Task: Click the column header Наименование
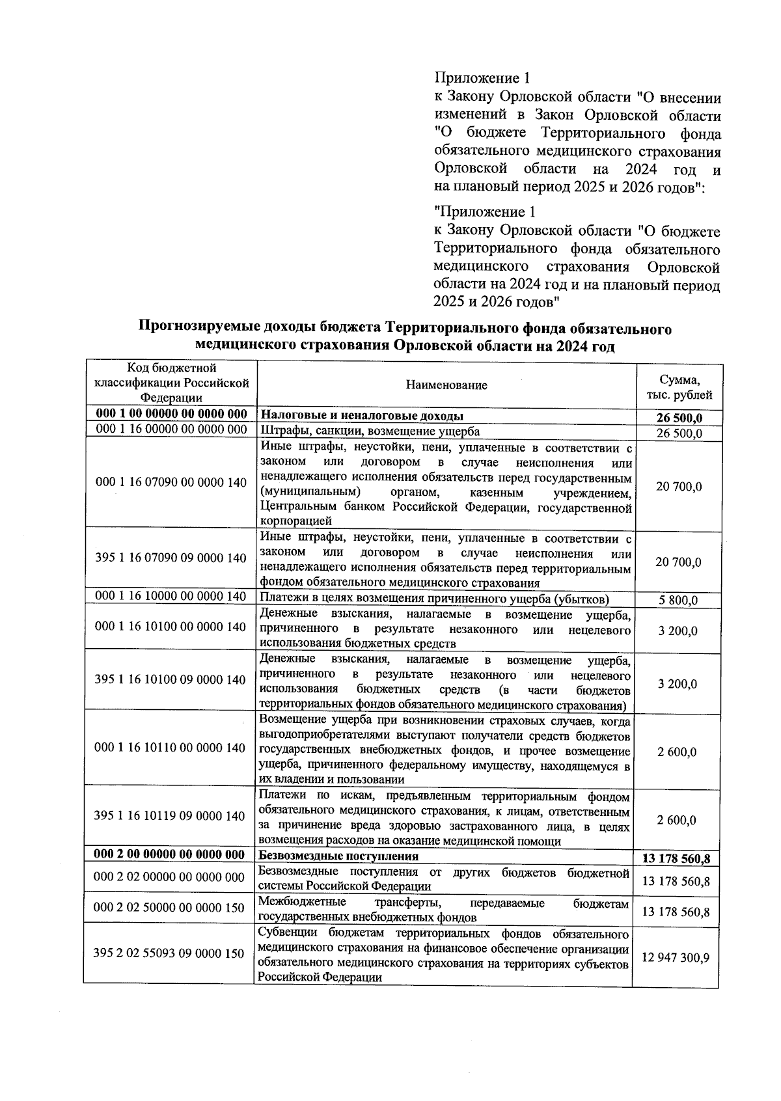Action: tap(446, 385)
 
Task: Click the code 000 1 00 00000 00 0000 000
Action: tap(171, 415)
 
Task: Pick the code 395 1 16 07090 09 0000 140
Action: tap(171, 558)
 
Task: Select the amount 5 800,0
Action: tap(678, 600)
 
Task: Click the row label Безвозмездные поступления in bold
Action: tap(338, 856)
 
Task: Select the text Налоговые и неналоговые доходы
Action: tap(362, 415)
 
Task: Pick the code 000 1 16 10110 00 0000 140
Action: tap(170, 748)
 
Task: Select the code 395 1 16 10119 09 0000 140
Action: tap(170, 817)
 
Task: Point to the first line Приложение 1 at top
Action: tap(482, 79)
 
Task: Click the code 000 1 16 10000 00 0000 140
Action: tap(171, 596)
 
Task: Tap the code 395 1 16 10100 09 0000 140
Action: tap(170, 680)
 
